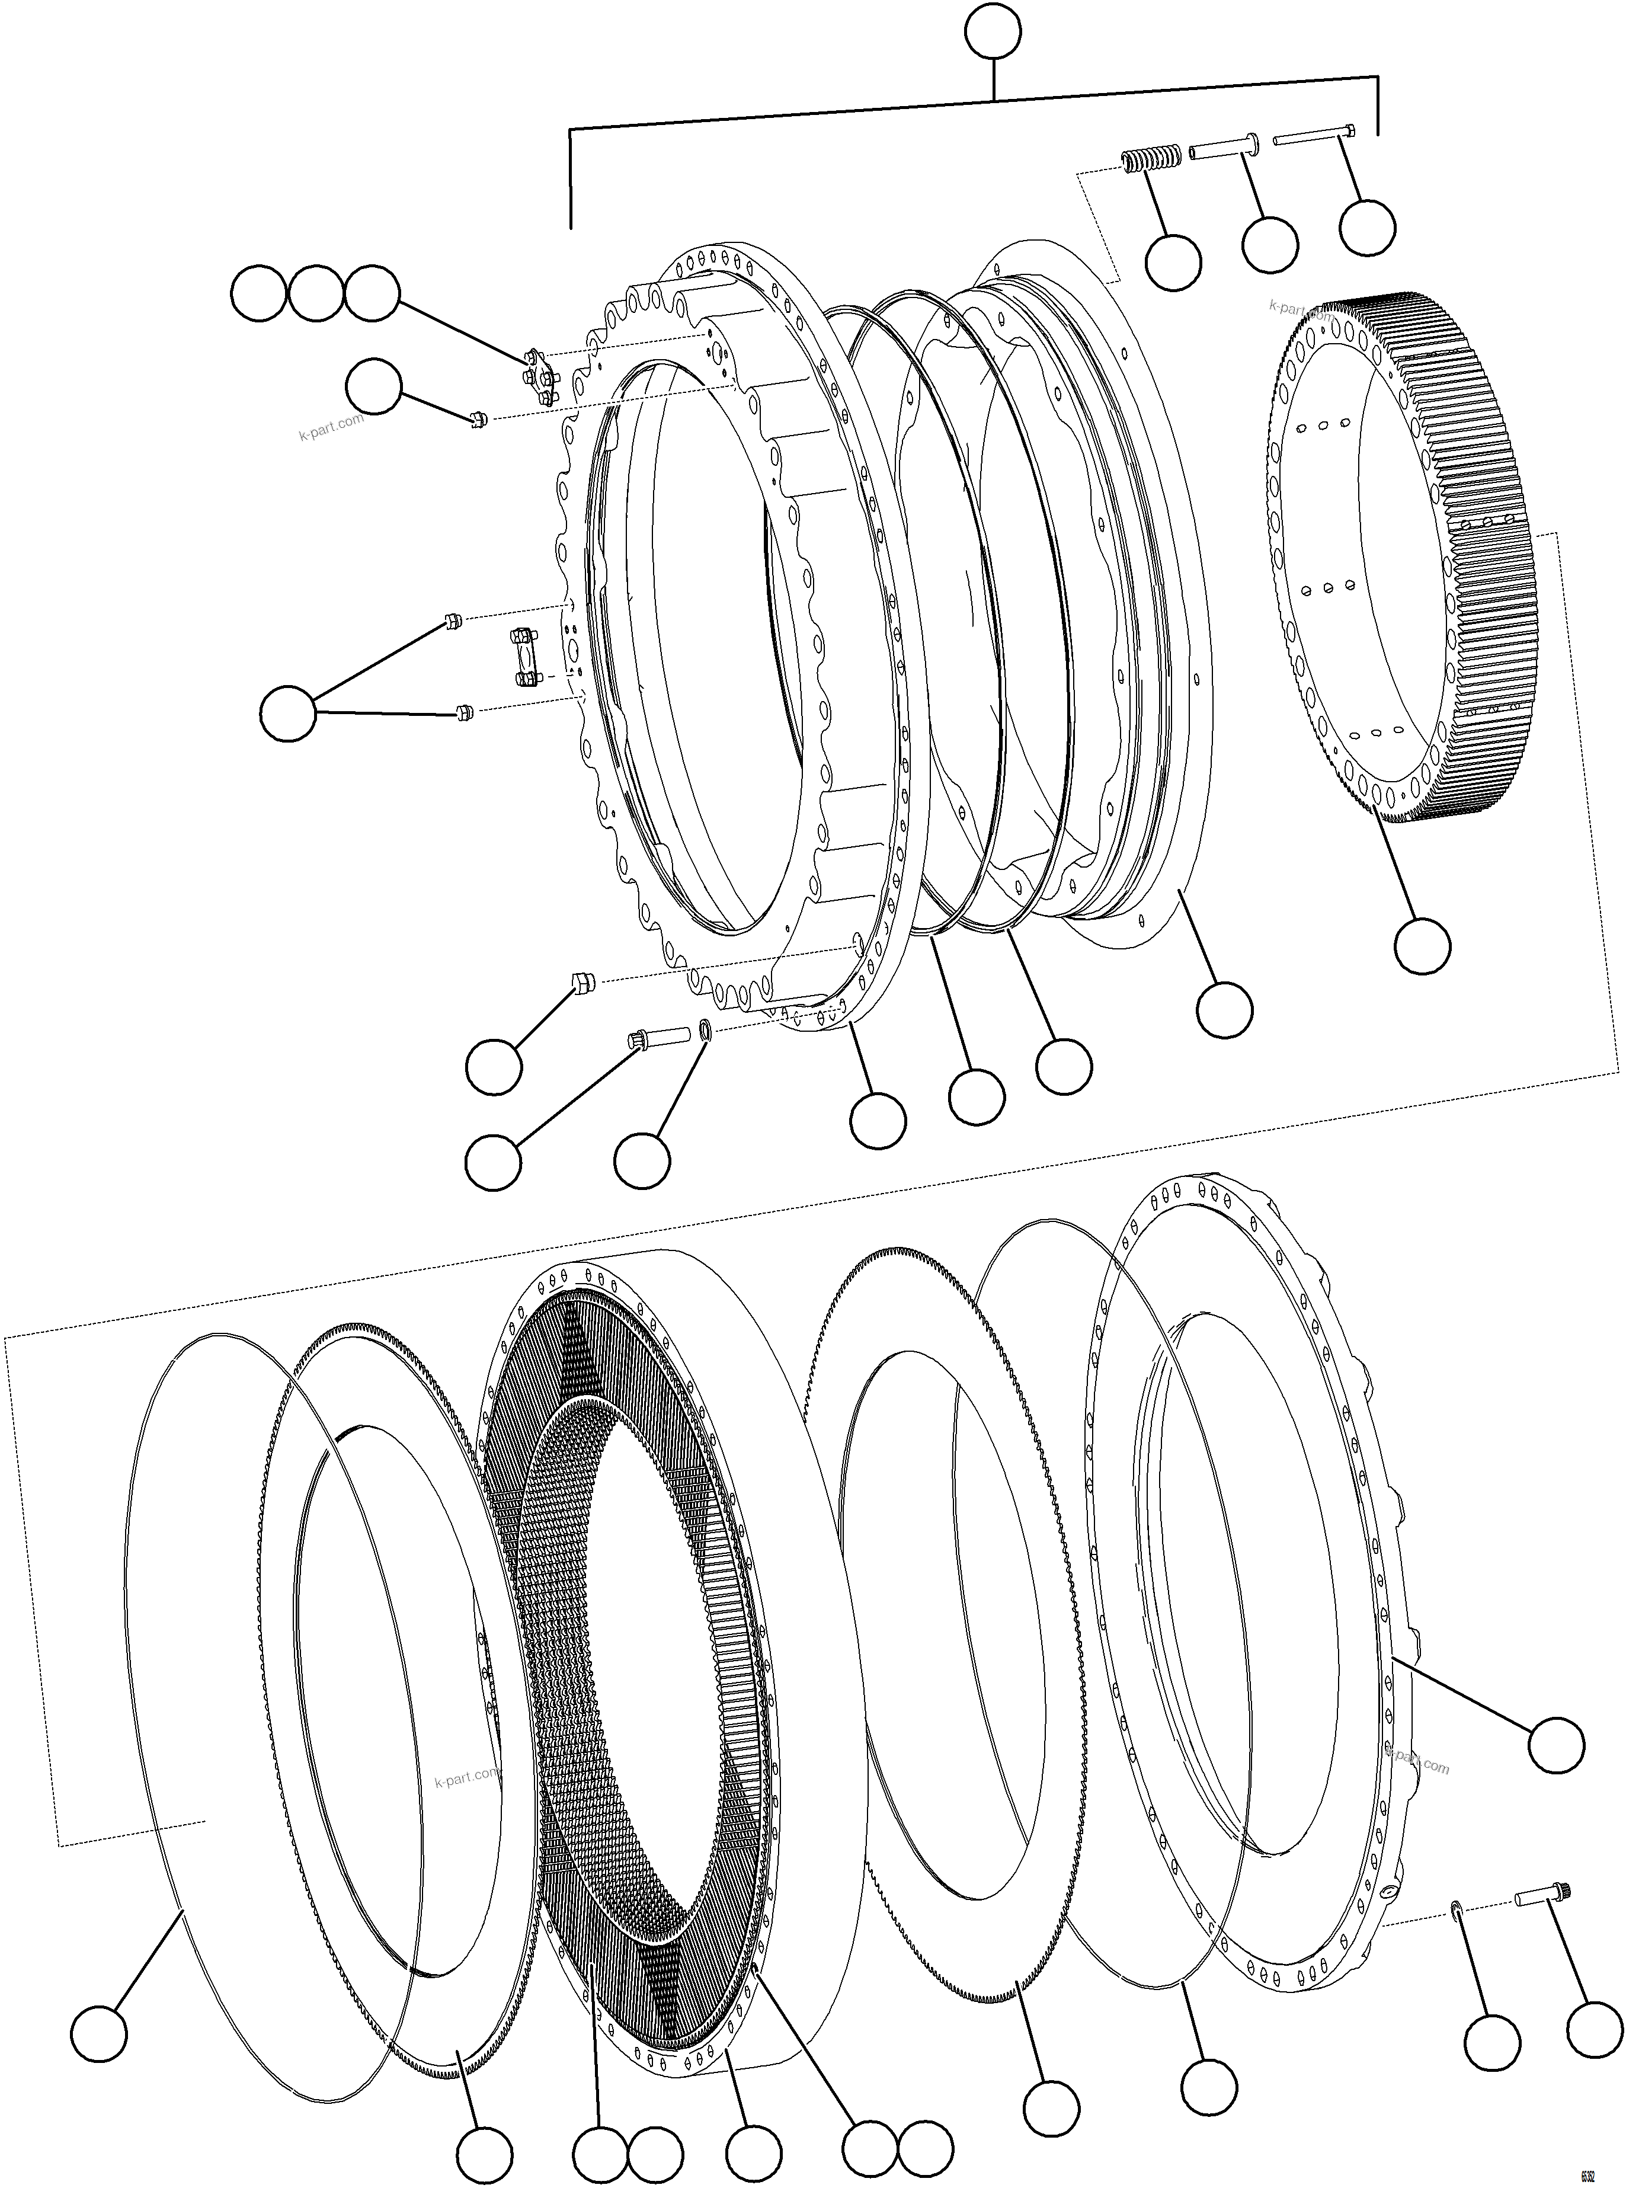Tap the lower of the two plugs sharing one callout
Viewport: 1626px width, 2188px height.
click(x=466, y=711)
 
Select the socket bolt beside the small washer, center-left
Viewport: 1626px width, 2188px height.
click(x=649, y=1038)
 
